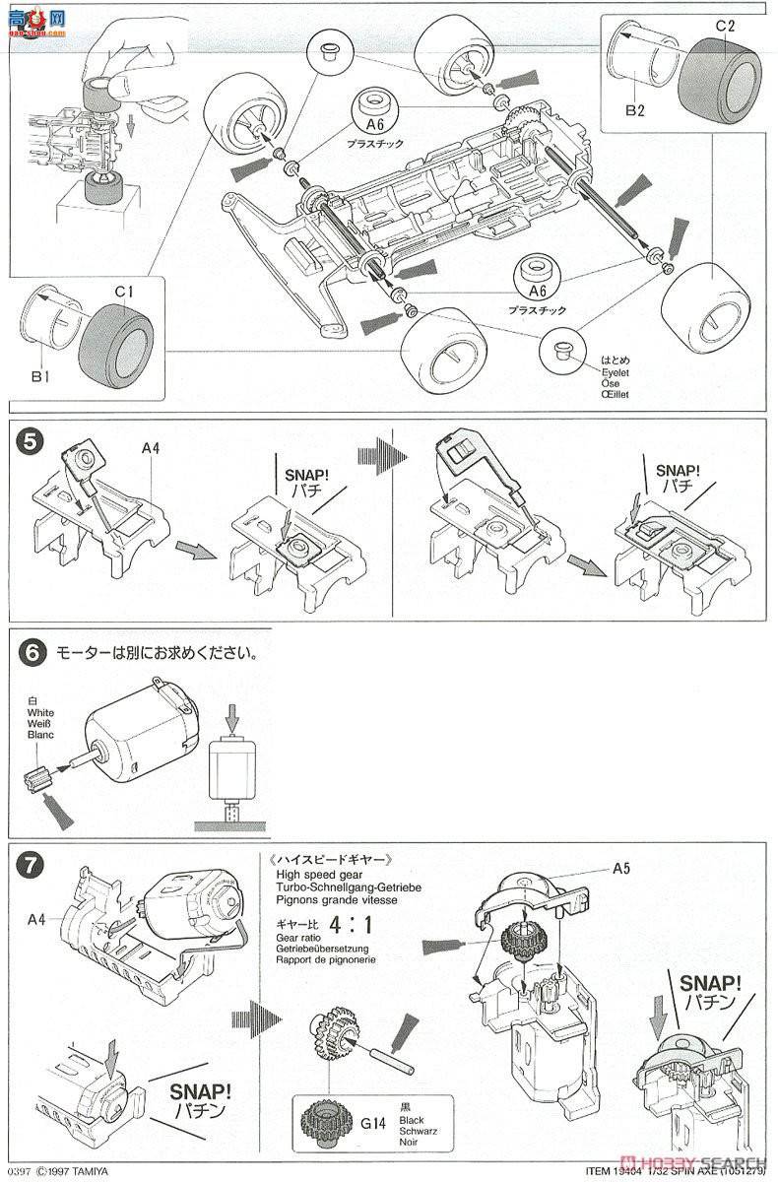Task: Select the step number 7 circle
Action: tap(31, 866)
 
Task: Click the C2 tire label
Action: tap(726, 27)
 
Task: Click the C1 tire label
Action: tap(123, 293)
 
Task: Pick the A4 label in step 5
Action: tap(150, 448)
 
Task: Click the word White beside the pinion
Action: tap(41, 712)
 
